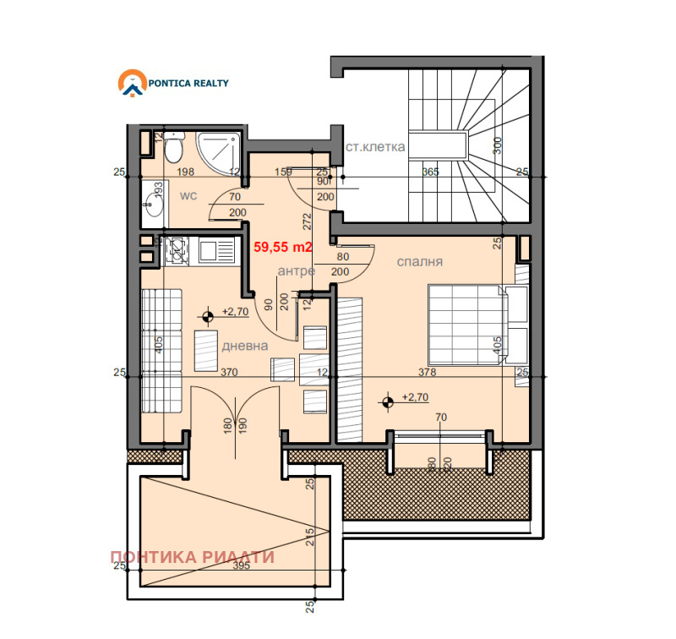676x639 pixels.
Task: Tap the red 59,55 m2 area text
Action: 284,248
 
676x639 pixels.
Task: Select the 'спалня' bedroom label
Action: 420,262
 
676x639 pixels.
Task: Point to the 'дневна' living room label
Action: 245,346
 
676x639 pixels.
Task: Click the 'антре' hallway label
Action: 297,270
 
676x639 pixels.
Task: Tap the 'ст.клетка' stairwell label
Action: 375,147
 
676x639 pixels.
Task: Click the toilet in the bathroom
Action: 172,149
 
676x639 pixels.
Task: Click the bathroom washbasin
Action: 152,204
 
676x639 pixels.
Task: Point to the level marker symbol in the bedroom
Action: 388,402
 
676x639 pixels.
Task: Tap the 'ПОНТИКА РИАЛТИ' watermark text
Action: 193,557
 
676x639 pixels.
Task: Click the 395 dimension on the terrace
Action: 241,566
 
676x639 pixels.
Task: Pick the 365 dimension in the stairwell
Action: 430,172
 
